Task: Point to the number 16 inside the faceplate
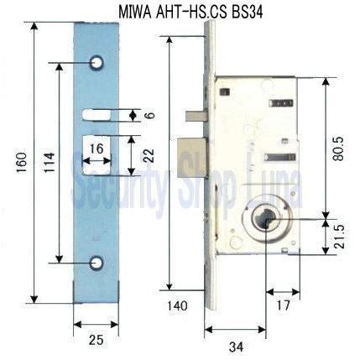coord(97,148)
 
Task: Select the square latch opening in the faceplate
coord(97,154)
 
